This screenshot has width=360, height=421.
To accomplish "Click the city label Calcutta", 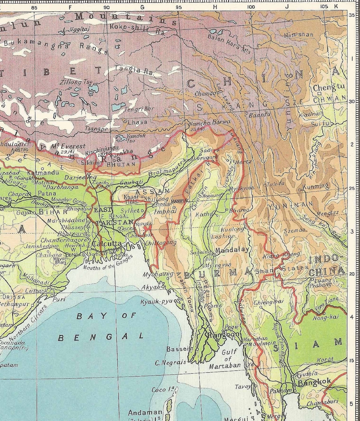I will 107,244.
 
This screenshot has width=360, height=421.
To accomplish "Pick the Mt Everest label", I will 70,146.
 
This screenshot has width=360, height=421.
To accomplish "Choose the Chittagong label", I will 161,242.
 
